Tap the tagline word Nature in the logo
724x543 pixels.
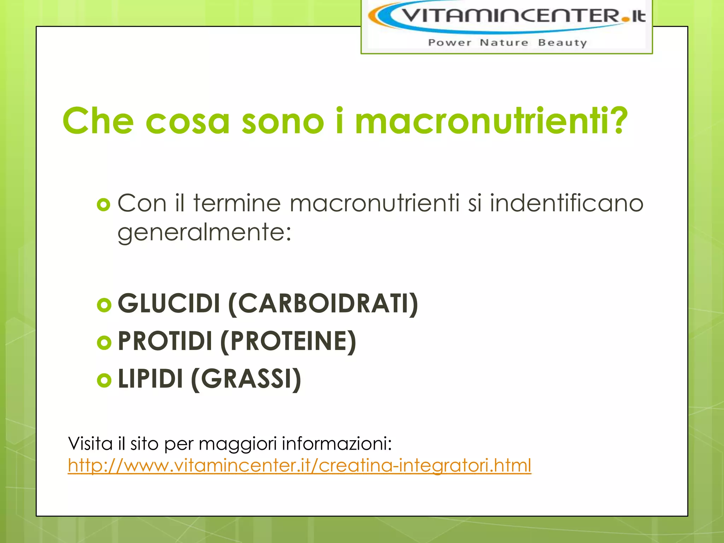point(504,43)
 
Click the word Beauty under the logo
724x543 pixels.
point(562,43)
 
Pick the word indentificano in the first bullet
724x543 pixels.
point(566,204)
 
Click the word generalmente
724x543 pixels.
point(204,233)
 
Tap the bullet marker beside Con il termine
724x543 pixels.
point(104,205)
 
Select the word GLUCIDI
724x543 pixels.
point(169,304)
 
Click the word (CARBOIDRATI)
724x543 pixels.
point(323,304)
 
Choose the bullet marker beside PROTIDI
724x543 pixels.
point(104,342)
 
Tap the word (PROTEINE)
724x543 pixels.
point(288,341)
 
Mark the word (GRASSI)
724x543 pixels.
point(246,379)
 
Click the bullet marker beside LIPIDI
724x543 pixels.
point(104,380)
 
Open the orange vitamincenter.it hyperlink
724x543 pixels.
point(299,466)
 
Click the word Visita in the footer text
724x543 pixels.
point(90,443)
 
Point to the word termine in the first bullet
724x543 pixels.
point(237,204)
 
